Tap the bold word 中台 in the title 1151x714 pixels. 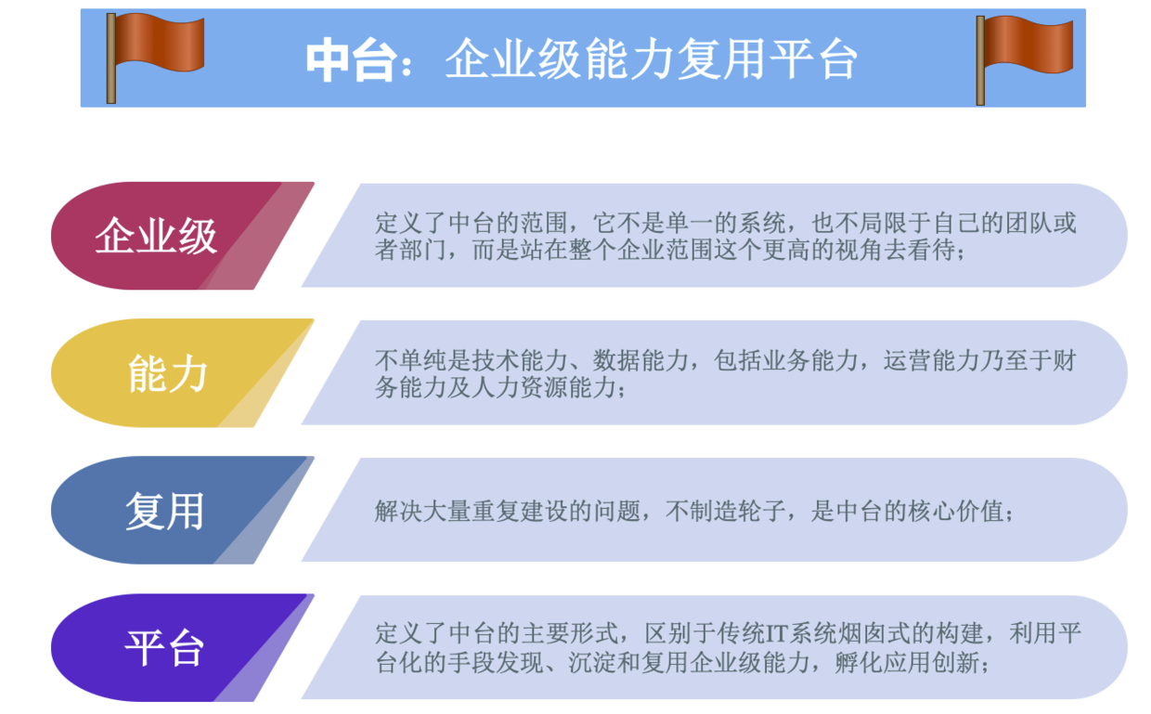pos(352,60)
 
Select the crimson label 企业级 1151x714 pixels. pos(156,236)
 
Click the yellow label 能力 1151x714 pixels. pos(167,373)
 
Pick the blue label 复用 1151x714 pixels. pos(165,511)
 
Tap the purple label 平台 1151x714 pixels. pos(164,648)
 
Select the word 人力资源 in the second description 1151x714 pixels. pos(521,387)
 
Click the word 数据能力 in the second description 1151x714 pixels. pos(641,361)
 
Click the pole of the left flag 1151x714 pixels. pos(111,58)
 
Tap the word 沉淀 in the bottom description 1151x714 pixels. pos(592,663)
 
